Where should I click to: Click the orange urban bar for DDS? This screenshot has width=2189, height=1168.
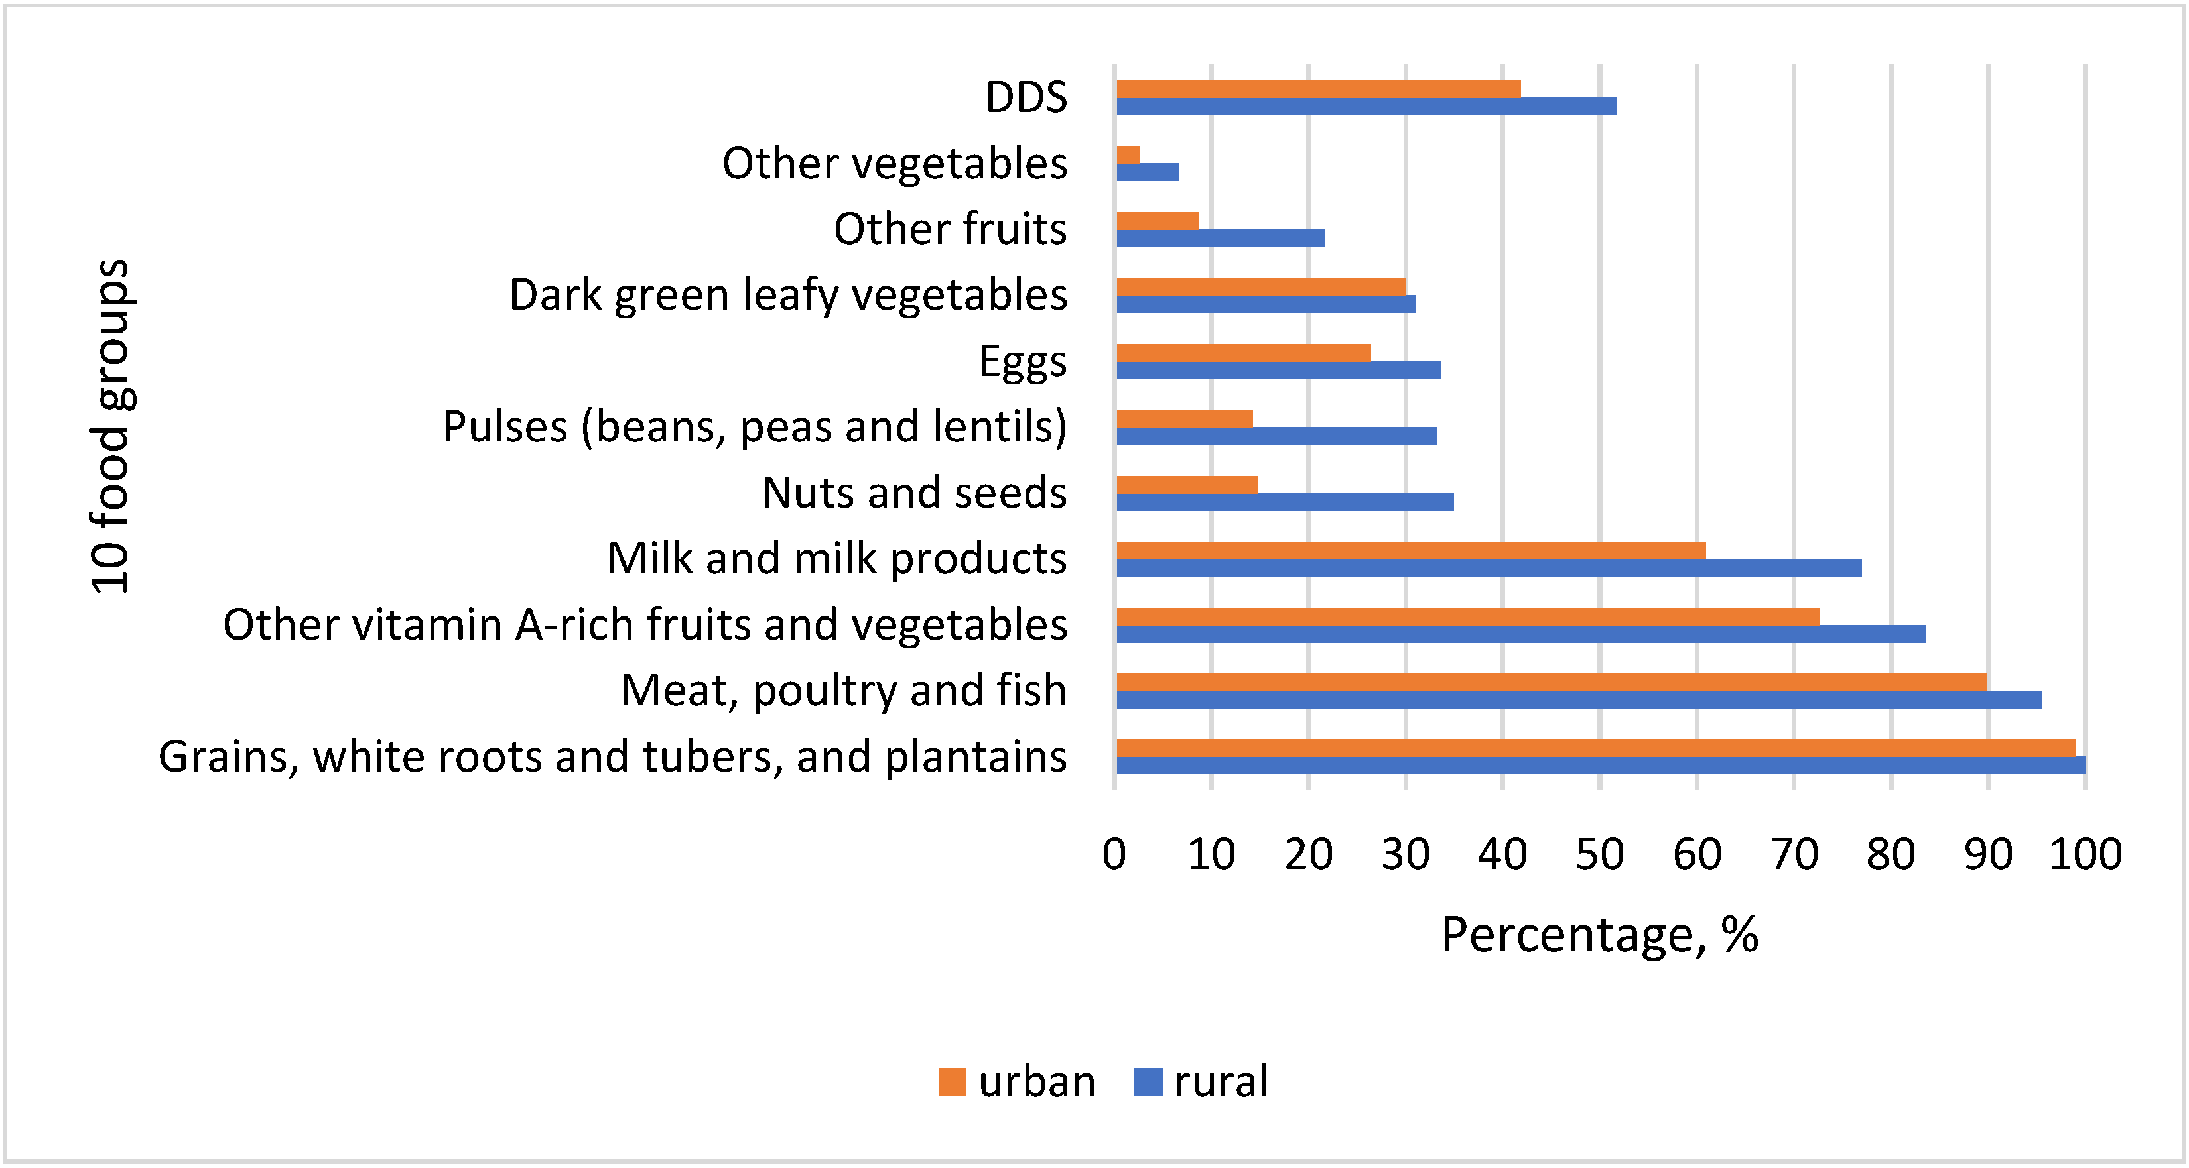coord(1317,89)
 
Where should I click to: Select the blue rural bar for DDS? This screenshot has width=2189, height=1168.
coord(1366,107)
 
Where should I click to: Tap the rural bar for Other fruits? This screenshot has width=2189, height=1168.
coord(1221,239)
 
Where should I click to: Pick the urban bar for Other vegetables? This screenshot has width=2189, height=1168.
coord(1128,154)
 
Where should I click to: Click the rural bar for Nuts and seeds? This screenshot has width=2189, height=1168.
coord(1284,502)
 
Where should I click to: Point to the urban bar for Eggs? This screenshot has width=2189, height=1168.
coord(1243,353)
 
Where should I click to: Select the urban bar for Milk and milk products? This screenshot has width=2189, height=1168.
coord(1411,550)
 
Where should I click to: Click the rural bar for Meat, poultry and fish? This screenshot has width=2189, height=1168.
coord(1579,700)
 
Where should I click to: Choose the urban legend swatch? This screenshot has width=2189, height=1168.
coord(952,1081)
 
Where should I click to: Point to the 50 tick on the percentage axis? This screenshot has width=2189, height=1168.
coord(1599,854)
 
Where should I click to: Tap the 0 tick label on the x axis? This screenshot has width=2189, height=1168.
coord(1114,854)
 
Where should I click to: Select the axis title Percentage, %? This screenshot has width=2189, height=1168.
coord(1599,935)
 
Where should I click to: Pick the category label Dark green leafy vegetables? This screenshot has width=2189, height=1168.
coord(788,295)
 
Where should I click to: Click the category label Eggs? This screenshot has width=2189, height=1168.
coord(1022,361)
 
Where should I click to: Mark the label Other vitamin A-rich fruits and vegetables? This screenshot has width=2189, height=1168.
coord(645,624)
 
